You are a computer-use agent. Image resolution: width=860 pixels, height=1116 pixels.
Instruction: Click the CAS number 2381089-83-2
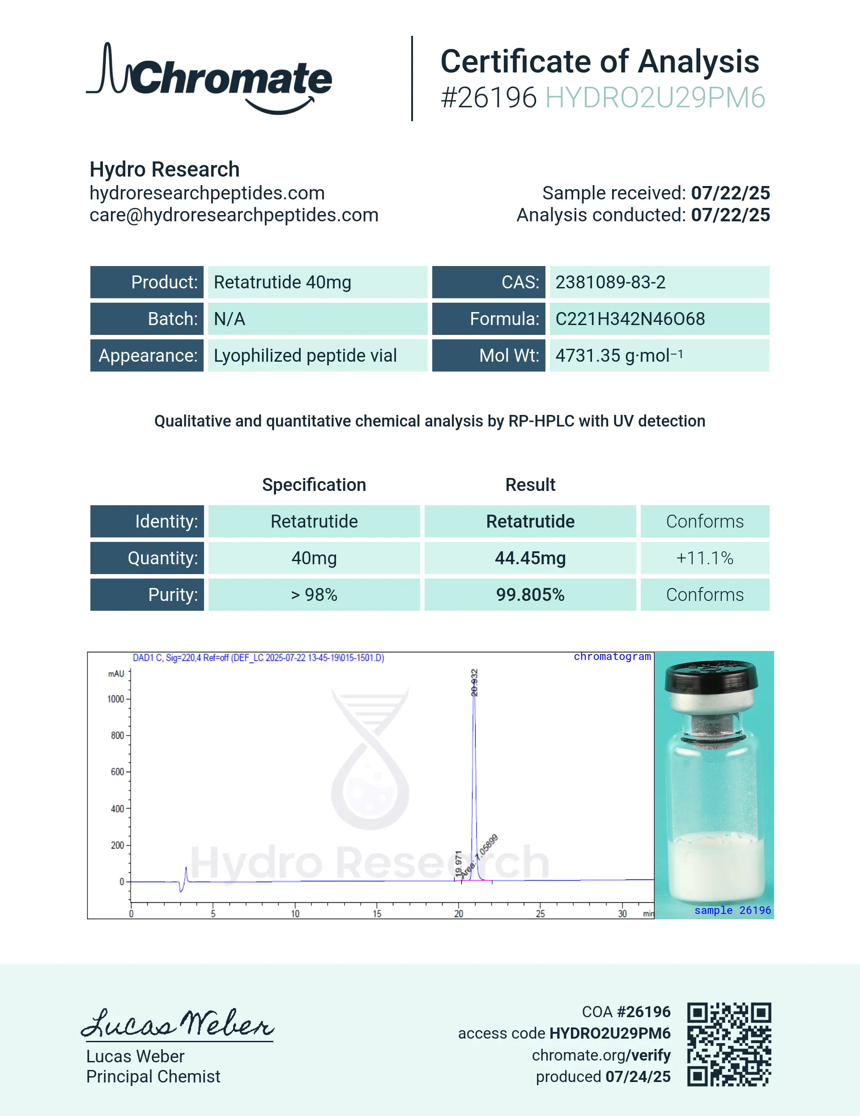pos(610,282)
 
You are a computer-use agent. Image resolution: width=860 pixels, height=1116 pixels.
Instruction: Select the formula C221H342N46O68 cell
pos(630,319)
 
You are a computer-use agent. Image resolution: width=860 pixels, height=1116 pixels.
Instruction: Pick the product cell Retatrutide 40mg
pos(282,282)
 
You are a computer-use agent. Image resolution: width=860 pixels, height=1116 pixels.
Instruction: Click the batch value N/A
pos(230,319)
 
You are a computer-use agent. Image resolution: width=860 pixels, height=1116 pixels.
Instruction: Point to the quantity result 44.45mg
pos(530,558)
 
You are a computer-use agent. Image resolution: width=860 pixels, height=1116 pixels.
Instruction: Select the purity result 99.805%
pos(530,595)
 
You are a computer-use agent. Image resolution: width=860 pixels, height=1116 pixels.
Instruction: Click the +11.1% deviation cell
pos(705,558)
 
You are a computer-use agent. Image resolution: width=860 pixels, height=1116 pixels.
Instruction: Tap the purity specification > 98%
pos(314,595)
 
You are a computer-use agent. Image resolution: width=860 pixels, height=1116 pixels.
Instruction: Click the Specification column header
pos(314,484)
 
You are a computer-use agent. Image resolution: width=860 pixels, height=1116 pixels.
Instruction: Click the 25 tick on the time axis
pos(541,913)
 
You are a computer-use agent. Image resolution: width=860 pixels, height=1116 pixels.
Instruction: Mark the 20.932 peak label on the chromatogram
pos(474,683)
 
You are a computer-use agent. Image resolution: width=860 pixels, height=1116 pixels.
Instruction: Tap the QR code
pos(729,1044)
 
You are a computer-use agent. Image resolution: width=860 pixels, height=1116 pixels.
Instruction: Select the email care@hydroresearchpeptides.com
pos(234,215)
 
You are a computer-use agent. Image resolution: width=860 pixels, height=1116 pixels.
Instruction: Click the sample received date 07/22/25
pos(730,193)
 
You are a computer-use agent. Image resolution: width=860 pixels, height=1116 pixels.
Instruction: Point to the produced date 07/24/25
pos(638,1077)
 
